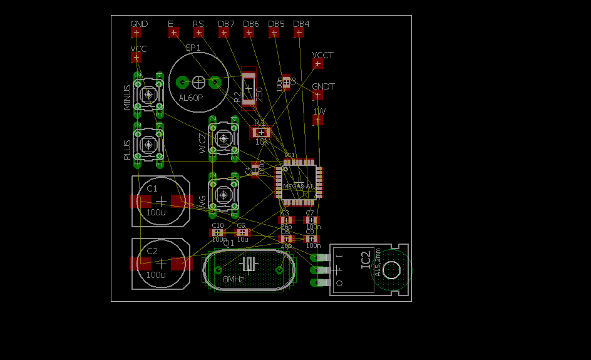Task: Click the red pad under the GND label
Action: (x=136, y=32)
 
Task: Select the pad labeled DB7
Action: (x=224, y=32)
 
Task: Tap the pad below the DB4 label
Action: (x=299, y=32)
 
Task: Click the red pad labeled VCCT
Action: (x=317, y=63)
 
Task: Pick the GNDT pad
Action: (x=317, y=95)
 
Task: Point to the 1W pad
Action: (x=318, y=120)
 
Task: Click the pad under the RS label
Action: (x=198, y=32)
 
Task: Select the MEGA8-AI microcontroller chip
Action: (x=299, y=182)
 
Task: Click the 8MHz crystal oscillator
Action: (x=249, y=270)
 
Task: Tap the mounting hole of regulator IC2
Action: (x=392, y=270)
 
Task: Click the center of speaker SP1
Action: (x=198, y=81)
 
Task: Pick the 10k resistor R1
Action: (x=261, y=132)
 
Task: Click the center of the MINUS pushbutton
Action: (x=149, y=95)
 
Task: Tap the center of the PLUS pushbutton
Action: (x=149, y=145)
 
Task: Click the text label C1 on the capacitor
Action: (x=152, y=188)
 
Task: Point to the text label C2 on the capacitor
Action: (x=152, y=251)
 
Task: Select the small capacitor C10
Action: (x=218, y=232)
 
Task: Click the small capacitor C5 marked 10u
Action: (x=242, y=232)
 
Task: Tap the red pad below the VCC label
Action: (x=136, y=58)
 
